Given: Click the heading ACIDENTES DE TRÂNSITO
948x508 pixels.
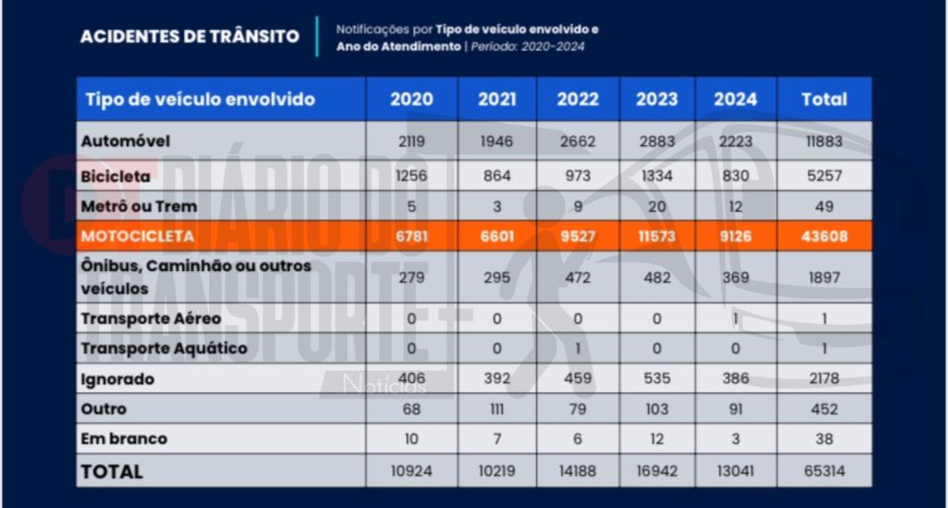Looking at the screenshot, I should [x=190, y=37].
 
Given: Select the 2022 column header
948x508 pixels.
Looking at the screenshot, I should [x=577, y=100].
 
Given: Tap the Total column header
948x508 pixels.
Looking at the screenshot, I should [x=823, y=100].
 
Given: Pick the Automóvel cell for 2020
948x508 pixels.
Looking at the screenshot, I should [x=411, y=142].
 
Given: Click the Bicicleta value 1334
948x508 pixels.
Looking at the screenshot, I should [x=656, y=174].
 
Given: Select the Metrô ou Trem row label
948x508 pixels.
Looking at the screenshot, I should [x=139, y=205].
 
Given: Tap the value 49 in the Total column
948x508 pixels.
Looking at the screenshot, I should [x=823, y=205].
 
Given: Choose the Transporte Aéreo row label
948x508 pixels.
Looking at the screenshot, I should [x=151, y=318].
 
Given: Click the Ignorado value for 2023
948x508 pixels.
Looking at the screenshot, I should [x=656, y=379].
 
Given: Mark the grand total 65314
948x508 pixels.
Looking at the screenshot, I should [x=823, y=471].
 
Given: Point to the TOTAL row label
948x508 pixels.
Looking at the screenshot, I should [x=112, y=471].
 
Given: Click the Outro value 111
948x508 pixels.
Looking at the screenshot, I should [x=497, y=409].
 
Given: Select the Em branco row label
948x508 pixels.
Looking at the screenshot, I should [x=124, y=439].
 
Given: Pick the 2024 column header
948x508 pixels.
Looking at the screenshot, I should [x=735, y=100].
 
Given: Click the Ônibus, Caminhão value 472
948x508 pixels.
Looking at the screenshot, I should [x=577, y=278].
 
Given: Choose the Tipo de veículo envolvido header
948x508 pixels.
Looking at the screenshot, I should [x=200, y=100].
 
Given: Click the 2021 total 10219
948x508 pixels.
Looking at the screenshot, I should [x=497, y=471].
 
